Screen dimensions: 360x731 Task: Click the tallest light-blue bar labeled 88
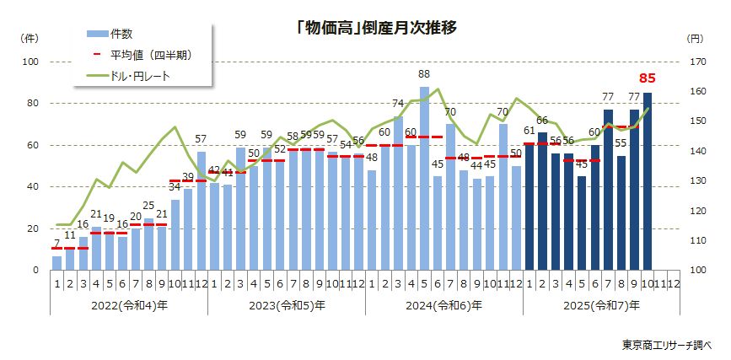pos(424,178)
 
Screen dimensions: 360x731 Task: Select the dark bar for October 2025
pos(648,181)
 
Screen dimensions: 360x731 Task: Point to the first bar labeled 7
pos(56,262)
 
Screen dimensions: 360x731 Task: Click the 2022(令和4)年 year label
pos(128,305)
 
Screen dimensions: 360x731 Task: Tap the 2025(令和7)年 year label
pos(601,305)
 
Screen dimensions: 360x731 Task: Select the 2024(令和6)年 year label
pos(443,305)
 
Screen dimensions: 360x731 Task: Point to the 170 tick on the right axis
pos(696,62)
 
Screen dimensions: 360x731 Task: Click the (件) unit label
pos(28,39)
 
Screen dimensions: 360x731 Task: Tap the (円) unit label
pos(694,39)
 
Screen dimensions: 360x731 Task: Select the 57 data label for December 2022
pos(201,140)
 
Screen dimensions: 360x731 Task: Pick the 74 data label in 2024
pos(398,104)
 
